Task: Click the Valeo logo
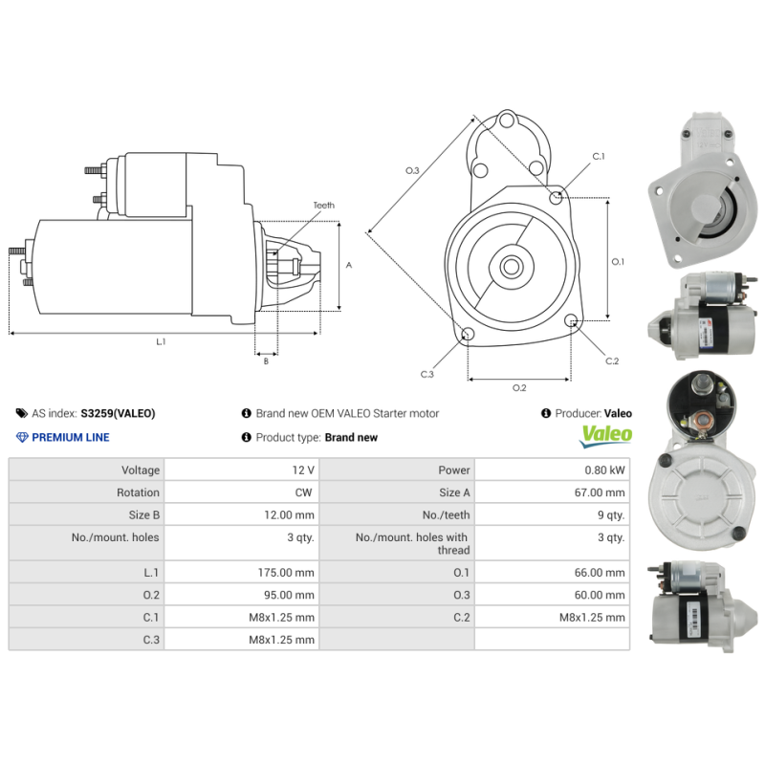click(607, 435)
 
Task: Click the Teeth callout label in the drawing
click(323, 206)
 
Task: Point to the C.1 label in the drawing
click(599, 156)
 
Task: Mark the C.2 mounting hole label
click(612, 361)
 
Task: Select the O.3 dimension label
click(412, 170)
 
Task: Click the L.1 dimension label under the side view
click(161, 341)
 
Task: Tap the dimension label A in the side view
click(349, 265)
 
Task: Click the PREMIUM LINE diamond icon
click(22, 437)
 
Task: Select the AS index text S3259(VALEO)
click(118, 413)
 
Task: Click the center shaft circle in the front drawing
click(511, 267)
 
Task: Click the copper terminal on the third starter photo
click(695, 418)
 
